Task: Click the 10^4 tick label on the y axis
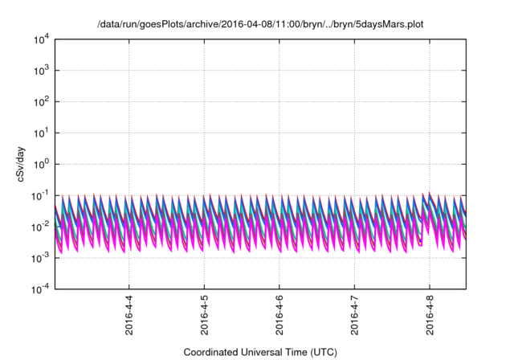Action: (42, 39)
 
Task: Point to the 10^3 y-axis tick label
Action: (42, 71)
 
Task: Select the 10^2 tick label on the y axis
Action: (42, 102)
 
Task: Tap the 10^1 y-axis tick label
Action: (42, 133)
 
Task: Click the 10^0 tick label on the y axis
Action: (42, 164)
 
